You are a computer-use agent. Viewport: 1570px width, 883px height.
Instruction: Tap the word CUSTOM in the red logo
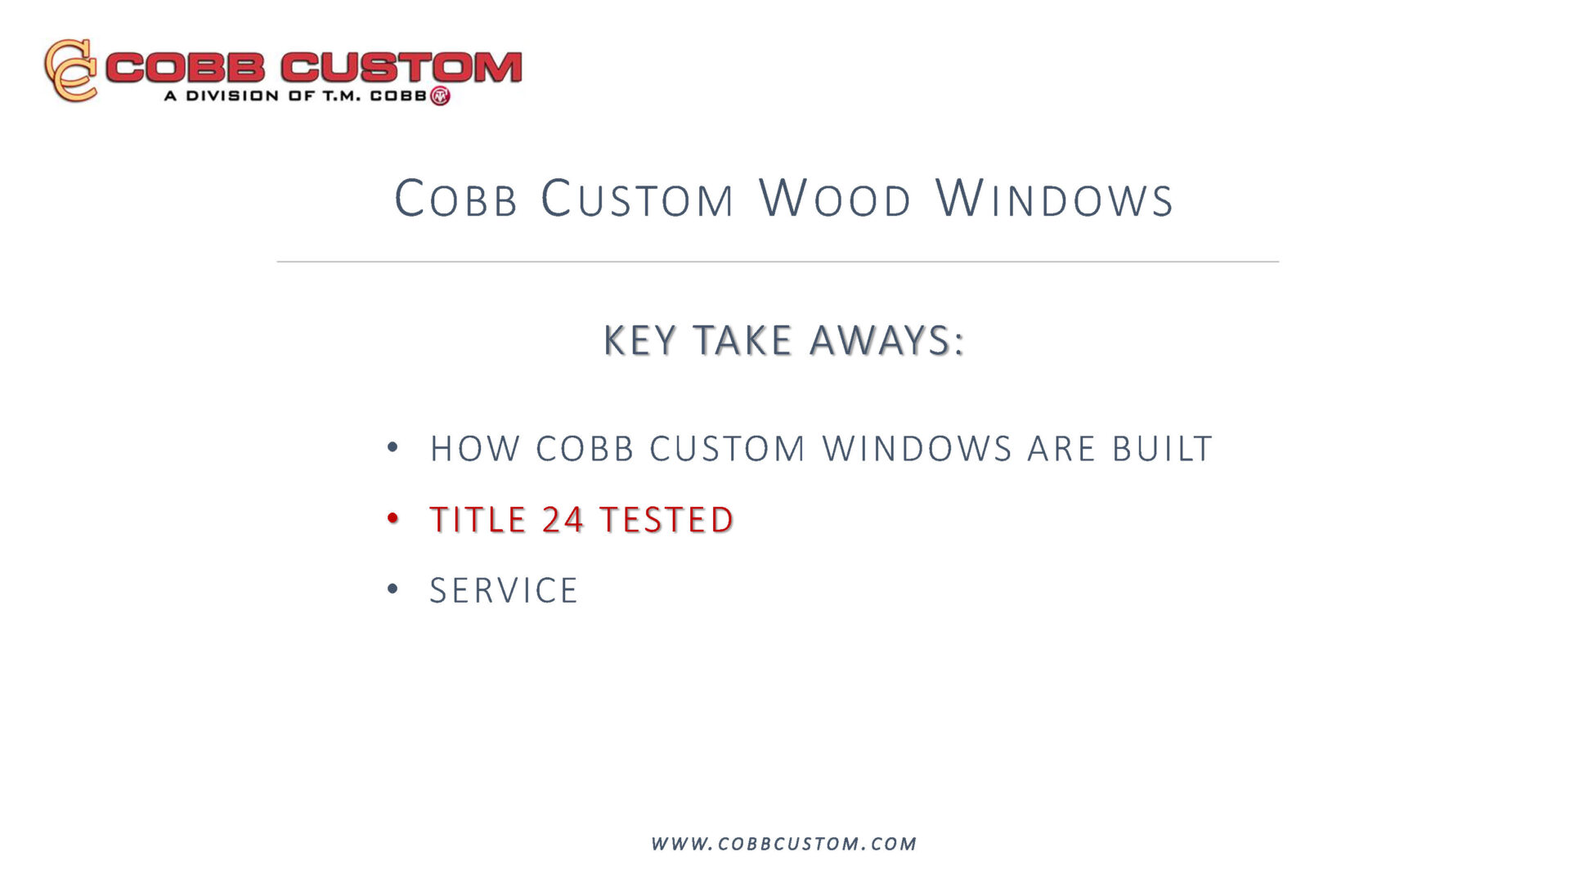(401, 67)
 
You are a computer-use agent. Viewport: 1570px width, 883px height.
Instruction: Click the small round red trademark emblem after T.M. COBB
(440, 96)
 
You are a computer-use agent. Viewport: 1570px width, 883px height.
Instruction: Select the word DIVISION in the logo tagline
(232, 96)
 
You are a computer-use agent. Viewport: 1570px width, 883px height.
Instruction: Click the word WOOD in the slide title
(835, 199)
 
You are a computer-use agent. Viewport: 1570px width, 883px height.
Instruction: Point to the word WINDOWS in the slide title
(1055, 199)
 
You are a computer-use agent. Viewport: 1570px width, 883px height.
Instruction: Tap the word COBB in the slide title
(455, 199)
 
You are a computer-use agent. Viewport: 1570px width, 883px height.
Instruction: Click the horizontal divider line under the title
(778, 262)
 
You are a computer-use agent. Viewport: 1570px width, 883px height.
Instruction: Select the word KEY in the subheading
(640, 340)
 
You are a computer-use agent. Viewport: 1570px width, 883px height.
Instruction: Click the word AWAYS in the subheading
(887, 340)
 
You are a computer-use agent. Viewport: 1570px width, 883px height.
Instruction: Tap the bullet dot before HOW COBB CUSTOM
(393, 447)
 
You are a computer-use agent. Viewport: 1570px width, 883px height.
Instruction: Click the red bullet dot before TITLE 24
(393, 518)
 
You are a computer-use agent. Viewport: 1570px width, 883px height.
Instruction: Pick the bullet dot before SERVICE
(393, 589)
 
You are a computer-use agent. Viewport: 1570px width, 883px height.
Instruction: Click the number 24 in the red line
(563, 520)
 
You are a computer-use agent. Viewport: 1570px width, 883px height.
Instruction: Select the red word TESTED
(666, 520)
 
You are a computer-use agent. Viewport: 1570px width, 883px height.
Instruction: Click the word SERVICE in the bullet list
(504, 590)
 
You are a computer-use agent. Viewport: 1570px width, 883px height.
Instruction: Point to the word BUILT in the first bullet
(1162, 449)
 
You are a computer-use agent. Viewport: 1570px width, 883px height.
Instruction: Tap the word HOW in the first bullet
(475, 449)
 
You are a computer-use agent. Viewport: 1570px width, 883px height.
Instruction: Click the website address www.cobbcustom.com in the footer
(784, 844)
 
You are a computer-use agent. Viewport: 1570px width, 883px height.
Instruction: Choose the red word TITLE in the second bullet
(478, 520)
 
